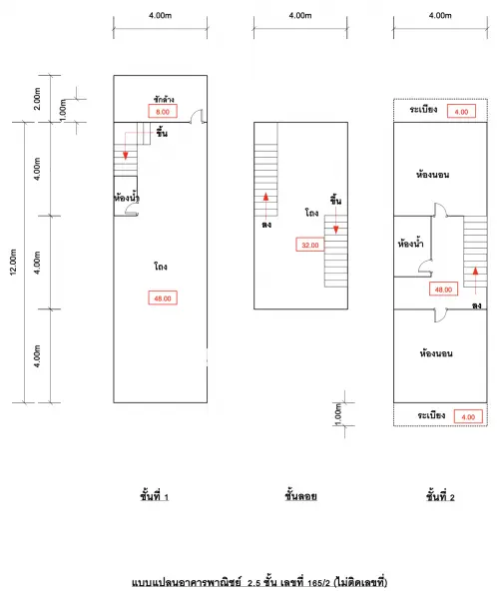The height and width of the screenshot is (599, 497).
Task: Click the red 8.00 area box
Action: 163,112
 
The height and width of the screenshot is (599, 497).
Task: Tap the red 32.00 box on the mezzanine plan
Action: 309,245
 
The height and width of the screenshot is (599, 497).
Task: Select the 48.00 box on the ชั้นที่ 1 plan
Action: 163,298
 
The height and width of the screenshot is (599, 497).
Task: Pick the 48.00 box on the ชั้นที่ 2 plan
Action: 443,290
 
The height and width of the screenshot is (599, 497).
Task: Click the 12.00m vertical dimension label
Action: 13,262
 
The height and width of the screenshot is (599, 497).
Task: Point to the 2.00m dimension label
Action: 37,99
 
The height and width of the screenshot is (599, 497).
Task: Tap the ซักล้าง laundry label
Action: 164,99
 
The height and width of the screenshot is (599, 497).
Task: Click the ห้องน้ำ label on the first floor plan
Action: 127,198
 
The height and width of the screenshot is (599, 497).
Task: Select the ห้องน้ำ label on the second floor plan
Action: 410,244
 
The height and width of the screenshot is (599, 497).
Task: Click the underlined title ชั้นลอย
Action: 300,496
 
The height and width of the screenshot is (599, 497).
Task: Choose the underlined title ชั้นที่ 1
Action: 154,496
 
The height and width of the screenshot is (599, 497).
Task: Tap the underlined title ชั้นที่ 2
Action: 440,496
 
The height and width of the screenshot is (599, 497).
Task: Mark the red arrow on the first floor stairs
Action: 126,145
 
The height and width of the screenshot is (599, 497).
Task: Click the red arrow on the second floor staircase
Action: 475,281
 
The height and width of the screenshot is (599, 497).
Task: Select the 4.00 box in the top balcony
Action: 461,112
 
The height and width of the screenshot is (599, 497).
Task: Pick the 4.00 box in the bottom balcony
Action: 468,416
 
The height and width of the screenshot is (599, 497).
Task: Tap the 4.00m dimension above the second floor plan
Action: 440,15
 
